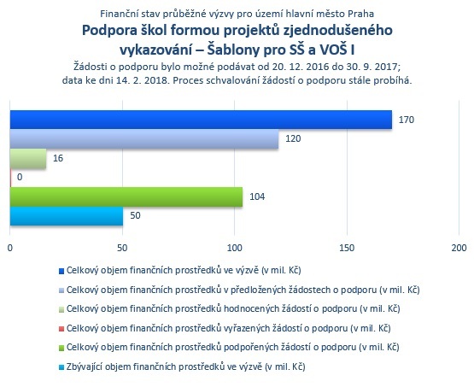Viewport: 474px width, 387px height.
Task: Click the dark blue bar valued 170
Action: pyautogui.click(x=201, y=120)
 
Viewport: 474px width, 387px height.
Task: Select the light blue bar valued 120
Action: pyautogui.click(x=144, y=138)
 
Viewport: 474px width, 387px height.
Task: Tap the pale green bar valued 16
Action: pyautogui.click(x=28, y=158)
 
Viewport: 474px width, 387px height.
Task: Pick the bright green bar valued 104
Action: pyautogui.click(x=126, y=196)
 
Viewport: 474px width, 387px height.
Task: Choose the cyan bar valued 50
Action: pyautogui.click(x=67, y=216)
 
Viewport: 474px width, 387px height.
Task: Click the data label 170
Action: pyautogui.click(x=407, y=120)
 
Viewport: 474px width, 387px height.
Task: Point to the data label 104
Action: pyautogui.click(x=257, y=196)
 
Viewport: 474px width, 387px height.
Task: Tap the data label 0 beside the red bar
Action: pyautogui.click(x=20, y=177)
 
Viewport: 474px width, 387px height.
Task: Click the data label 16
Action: pyautogui.click(x=58, y=158)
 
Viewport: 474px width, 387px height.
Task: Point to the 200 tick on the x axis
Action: pyautogui.click(x=459, y=248)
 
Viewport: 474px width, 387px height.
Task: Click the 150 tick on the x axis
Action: pyautogui.click(x=347, y=248)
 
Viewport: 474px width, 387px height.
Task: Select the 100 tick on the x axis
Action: pyautogui.click(x=235, y=248)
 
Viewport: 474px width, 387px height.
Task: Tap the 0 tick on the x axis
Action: pyautogui.click(x=10, y=248)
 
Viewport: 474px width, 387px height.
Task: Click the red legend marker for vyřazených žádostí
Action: pyautogui.click(x=61, y=329)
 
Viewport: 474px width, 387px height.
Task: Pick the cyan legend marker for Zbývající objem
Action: pyautogui.click(x=61, y=367)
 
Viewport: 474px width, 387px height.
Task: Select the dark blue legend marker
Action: pyautogui.click(x=61, y=271)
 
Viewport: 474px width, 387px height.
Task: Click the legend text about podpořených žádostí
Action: pyautogui.click(x=233, y=348)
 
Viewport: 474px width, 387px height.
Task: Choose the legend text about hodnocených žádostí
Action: pyautogui.click(x=233, y=309)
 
